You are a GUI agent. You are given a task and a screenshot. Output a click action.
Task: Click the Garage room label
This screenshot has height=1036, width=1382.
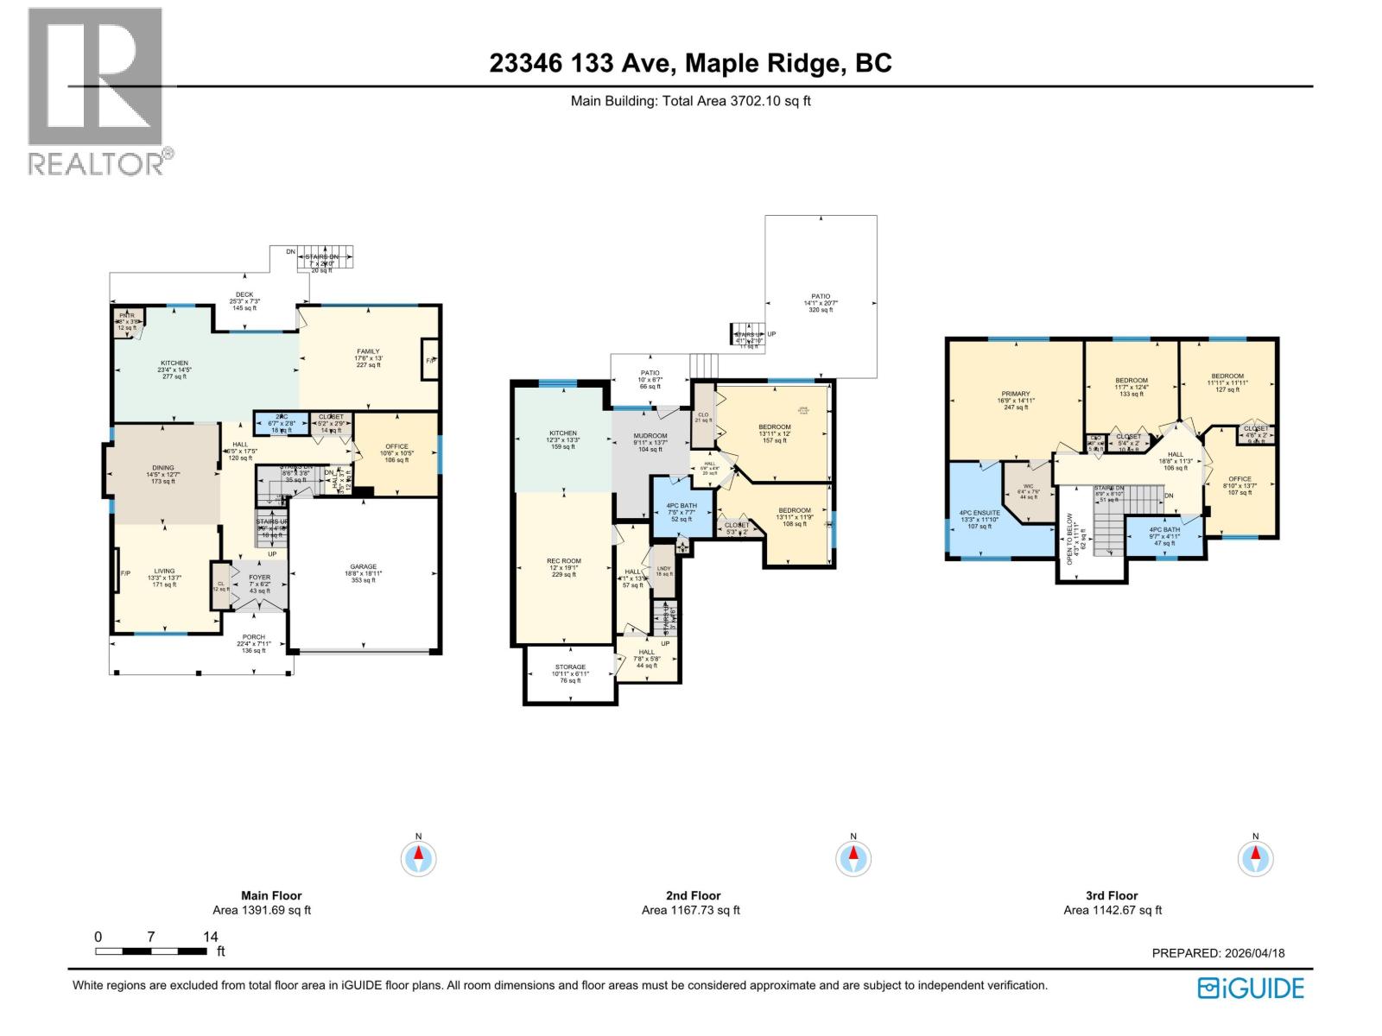click(363, 573)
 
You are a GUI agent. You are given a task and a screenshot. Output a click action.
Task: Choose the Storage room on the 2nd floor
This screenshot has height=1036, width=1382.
click(570, 673)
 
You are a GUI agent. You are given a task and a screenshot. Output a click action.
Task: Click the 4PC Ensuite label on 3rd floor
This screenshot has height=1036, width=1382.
click(979, 519)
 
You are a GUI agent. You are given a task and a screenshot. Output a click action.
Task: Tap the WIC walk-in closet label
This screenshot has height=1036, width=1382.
click(1028, 492)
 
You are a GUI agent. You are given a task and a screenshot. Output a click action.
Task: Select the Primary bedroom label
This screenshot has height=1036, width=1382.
click(1016, 400)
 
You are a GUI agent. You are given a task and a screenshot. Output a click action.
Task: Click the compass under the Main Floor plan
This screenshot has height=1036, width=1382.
click(419, 858)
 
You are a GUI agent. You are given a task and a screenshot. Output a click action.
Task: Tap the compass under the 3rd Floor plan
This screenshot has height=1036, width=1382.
click(1255, 858)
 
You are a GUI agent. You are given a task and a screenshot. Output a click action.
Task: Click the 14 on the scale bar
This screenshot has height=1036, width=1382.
click(210, 937)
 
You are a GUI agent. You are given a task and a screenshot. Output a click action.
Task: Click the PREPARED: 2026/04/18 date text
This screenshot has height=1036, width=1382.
click(1218, 953)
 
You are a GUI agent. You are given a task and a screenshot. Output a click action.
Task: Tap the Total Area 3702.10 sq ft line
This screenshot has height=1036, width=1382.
click(690, 101)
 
